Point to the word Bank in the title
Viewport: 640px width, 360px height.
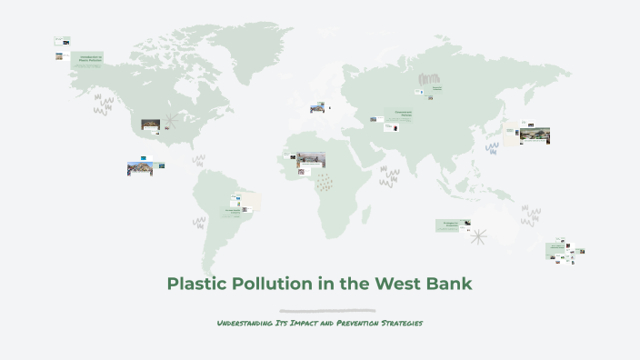tap(451, 283)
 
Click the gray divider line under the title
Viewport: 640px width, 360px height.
tap(326, 311)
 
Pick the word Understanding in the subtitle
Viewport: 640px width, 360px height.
tap(246, 324)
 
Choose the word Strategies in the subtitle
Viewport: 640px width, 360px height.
tap(403, 324)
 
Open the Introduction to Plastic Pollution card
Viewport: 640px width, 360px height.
tap(90, 60)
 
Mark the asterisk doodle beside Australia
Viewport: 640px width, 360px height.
tap(478, 236)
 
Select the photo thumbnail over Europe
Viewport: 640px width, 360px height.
tap(317, 108)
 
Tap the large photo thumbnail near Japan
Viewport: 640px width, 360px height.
tap(535, 135)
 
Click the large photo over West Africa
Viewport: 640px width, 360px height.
tap(311, 160)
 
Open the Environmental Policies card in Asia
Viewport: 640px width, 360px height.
tap(404, 115)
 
